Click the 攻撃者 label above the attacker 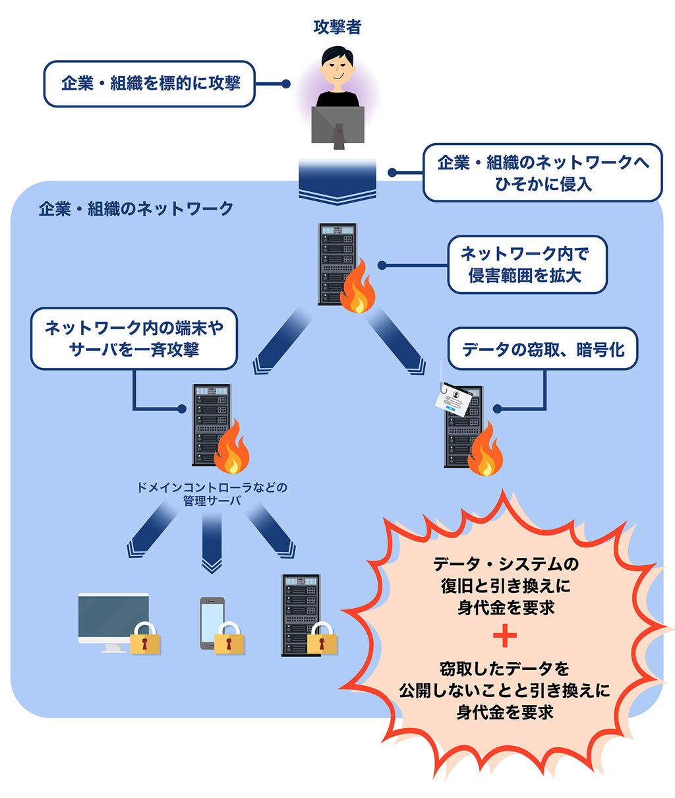tap(337, 27)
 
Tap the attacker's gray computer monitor tap(337, 125)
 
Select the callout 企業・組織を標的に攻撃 tap(150, 84)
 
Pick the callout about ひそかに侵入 tap(543, 173)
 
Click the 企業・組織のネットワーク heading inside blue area tap(136, 209)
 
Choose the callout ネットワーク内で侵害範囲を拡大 tap(527, 264)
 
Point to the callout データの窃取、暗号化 tap(543, 349)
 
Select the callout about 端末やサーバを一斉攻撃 tap(134, 338)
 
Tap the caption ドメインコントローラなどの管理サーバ tap(212, 494)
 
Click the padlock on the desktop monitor tap(145, 638)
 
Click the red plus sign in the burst tap(505, 637)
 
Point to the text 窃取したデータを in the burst tap(505, 669)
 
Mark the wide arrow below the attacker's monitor tap(337, 181)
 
